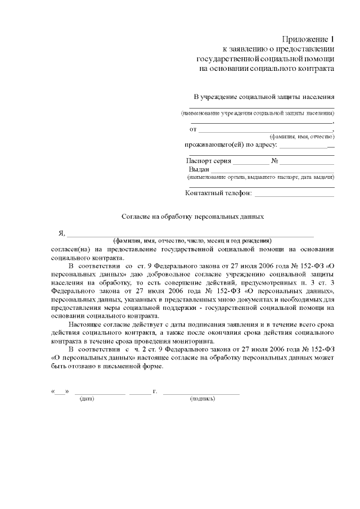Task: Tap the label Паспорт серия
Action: (x=209, y=160)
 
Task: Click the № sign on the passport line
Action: (x=276, y=160)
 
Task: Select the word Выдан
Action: (x=199, y=169)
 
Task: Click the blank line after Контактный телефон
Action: (x=294, y=195)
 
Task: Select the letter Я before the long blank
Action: (x=62, y=233)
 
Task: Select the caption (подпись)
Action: (x=202, y=398)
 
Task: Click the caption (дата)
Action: (x=87, y=398)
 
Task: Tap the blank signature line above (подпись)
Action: (x=201, y=391)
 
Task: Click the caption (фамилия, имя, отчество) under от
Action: (x=302, y=137)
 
